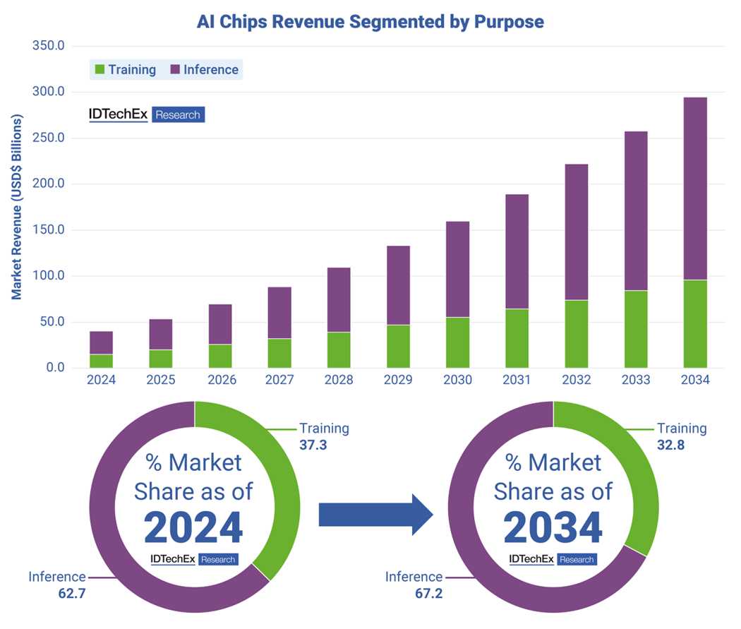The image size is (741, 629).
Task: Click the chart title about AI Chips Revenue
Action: coord(370,22)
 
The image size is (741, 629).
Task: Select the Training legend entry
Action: coord(125,70)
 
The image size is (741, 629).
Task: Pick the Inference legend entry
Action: coord(204,70)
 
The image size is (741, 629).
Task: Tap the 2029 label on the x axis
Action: coord(398,380)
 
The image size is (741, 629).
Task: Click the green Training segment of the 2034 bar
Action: coord(695,323)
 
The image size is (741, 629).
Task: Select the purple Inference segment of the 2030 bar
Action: coord(457,269)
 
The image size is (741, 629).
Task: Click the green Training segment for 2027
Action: coord(279,353)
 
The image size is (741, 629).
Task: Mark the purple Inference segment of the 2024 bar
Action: coord(101,342)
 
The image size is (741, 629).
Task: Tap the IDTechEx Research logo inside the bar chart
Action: coord(146,114)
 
